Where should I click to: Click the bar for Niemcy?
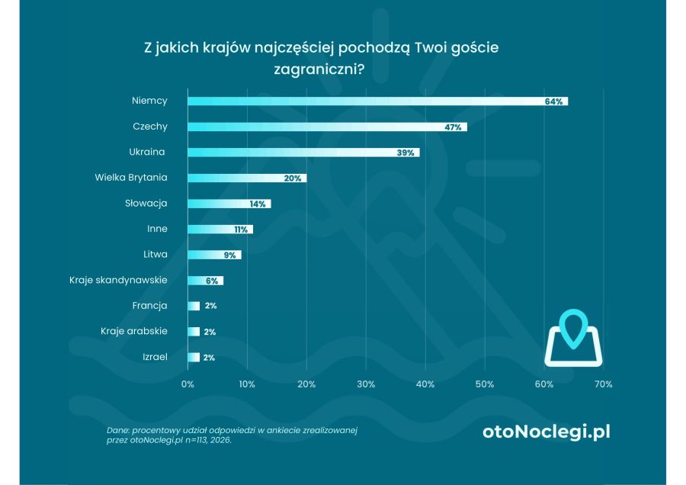pyautogui.click(x=377, y=101)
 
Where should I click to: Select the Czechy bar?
pyautogui.click(x=327, y=127)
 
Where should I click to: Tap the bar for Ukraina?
pyautogui.click(x=303, y=153)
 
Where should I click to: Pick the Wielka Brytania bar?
pyautogui.click(x=247, y=178)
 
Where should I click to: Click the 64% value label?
pyautogui.click(x=553, y=101)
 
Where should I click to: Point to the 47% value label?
pyautogui.click(x=453, y=127)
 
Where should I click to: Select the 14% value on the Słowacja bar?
pyautogui.click(x=257, y=204)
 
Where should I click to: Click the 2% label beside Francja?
pyautogui.click(x=210, y=306)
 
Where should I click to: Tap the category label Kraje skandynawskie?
pyautogui.click(x=118, y=280)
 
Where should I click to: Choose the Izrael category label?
pyautogui.click(x=155, y=357)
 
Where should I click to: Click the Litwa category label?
pyautogui.click(x=155, y=254)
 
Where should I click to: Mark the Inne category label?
pyautogui.click(x=157, y=229)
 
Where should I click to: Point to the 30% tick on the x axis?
pyautogui.click(x=366, y=384)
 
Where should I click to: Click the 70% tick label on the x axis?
pyautogui.click(x=603, y=384)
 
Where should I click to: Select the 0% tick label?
pyautogui.click(x=188, y=384)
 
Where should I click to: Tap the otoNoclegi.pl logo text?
pyautogui.click(x=547, y=432)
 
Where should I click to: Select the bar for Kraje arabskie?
pyautogui.click(x=194, y=332)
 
